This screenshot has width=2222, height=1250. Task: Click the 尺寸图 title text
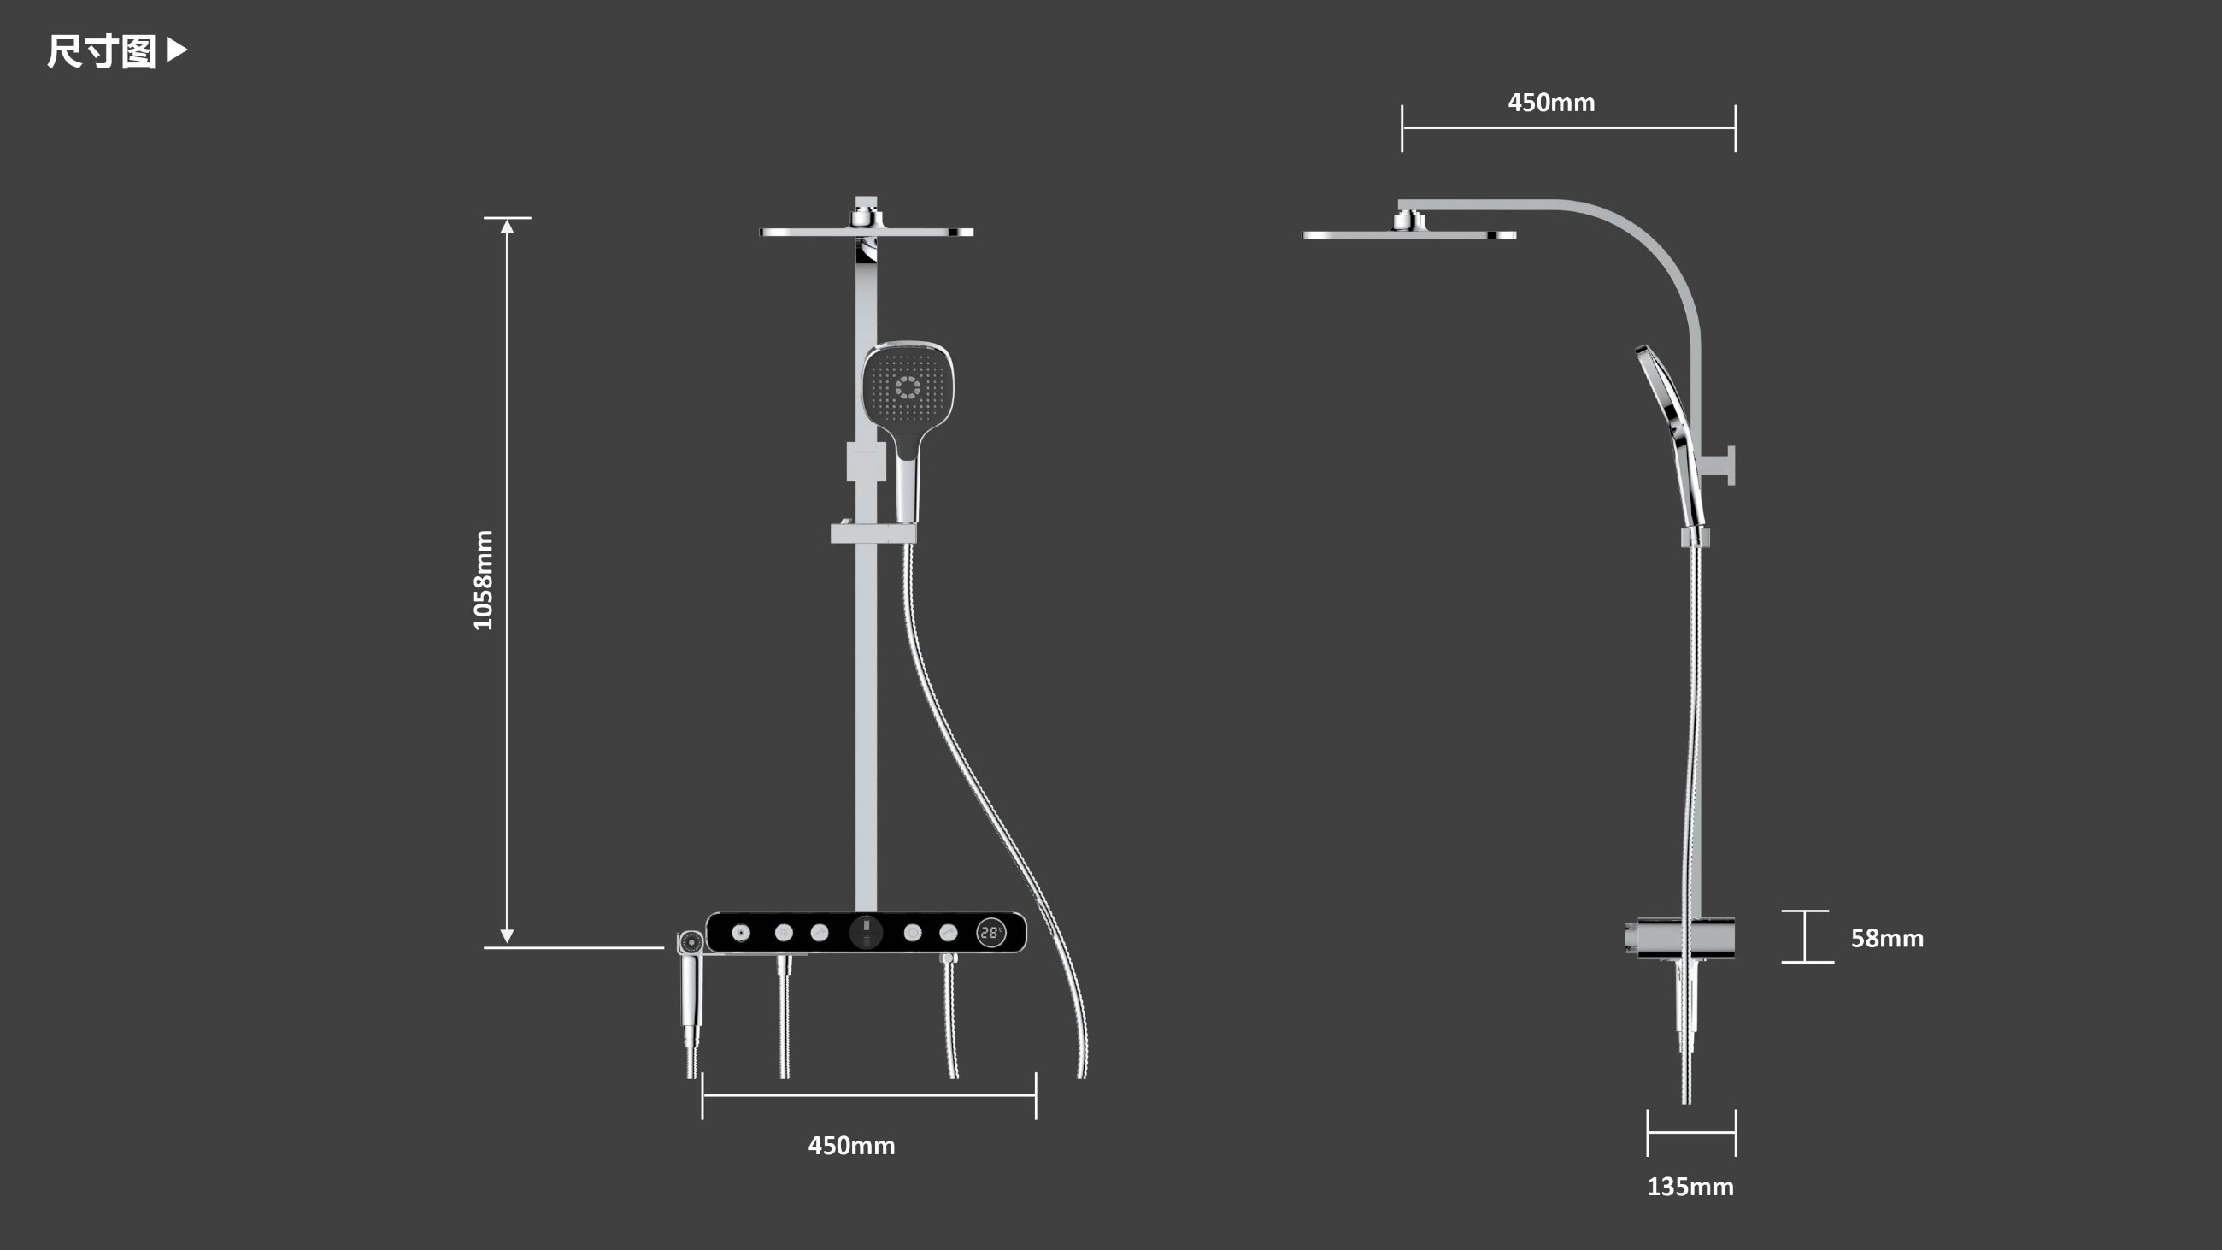point(101,52)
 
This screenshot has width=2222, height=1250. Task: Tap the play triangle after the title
point(176,50)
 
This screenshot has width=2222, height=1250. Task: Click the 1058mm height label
point(483,581)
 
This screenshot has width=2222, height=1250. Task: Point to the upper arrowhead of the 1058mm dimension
point(507,226)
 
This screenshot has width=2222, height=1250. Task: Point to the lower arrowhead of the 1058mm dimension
point(507,937)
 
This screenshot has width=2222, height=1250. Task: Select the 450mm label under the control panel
point(851,1146)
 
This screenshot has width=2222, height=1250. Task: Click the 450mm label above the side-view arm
point(1551,103)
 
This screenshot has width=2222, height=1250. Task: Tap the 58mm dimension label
point(1887,938)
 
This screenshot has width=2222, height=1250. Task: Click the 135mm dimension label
point(1690,1187)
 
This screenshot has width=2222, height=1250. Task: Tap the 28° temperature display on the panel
point(991,933)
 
